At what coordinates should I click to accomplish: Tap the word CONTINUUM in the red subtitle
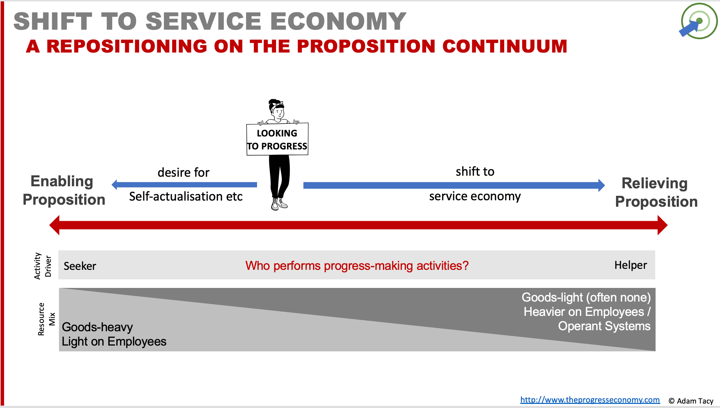(x=505, y=46)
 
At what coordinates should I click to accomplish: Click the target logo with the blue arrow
(x=699, y=21)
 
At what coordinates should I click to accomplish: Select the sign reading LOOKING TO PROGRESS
(x=277, y=139)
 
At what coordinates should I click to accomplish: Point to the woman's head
(x=277, y=109)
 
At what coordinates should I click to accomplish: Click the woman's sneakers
(x=279, y=204)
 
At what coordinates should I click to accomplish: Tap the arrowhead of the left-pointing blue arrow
(x=115, y=185)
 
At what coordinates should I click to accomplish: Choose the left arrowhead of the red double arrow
(x=55, y=225)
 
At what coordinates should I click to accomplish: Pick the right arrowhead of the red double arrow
(x=662, y=225)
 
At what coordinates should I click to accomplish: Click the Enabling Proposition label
(x=64, y=190)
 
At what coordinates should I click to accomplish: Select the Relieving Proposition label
(x=656, y=192)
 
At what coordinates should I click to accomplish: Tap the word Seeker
(x=80, y=266)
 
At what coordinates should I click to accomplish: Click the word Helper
(x=631, y=265)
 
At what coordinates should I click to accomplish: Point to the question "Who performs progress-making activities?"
(x=357, y=265)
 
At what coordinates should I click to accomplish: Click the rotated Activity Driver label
(x=43, y=266)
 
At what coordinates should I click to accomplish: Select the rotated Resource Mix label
(x=46, y=319)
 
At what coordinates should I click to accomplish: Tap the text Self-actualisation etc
(x=186, y=196)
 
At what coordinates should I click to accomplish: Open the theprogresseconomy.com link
(x=590, y=400)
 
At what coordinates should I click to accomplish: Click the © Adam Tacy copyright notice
(x=691, y=401)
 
